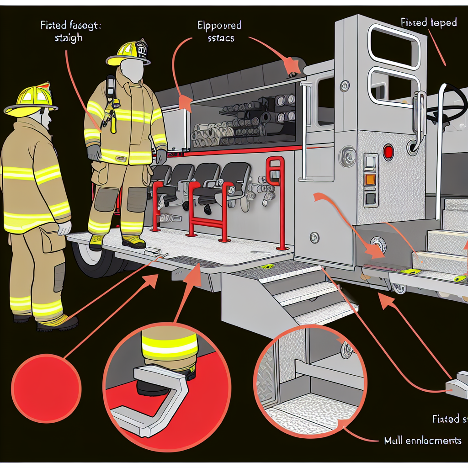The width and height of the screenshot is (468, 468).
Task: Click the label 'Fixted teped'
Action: click(x=428, y=22)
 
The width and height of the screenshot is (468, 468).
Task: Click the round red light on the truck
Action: click(x=388, y=152)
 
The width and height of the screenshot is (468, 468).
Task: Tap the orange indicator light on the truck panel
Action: click(x=370, y=179)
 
